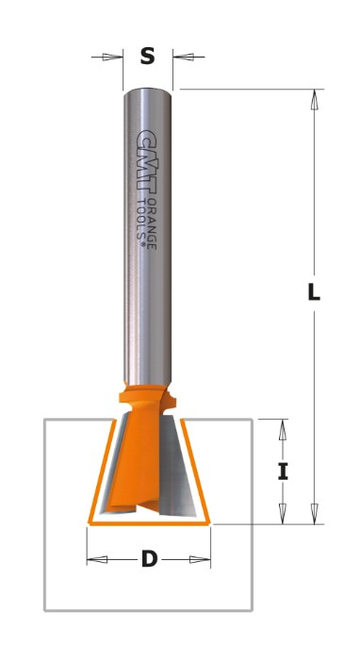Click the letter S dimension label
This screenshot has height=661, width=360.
[147, 56]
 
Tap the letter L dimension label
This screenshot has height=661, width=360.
[314, 291]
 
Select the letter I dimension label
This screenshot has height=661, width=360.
[283, 471]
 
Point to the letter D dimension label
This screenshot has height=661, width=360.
[149, 559]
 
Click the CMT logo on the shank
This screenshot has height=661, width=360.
[147, 161]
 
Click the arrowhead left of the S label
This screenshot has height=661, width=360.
[112, 57]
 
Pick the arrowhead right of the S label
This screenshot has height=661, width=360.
[184, 57]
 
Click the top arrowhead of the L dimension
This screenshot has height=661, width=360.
[314, 100]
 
